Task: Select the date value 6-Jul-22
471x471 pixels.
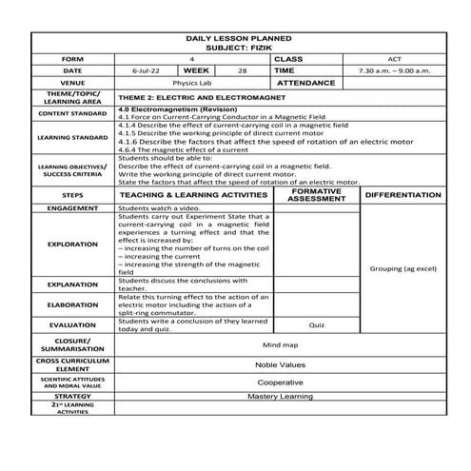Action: (146, 71)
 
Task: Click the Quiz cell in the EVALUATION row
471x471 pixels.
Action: (318, 324)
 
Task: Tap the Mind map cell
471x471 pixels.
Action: (281, 345)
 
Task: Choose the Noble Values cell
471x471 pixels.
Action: (281, 364)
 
